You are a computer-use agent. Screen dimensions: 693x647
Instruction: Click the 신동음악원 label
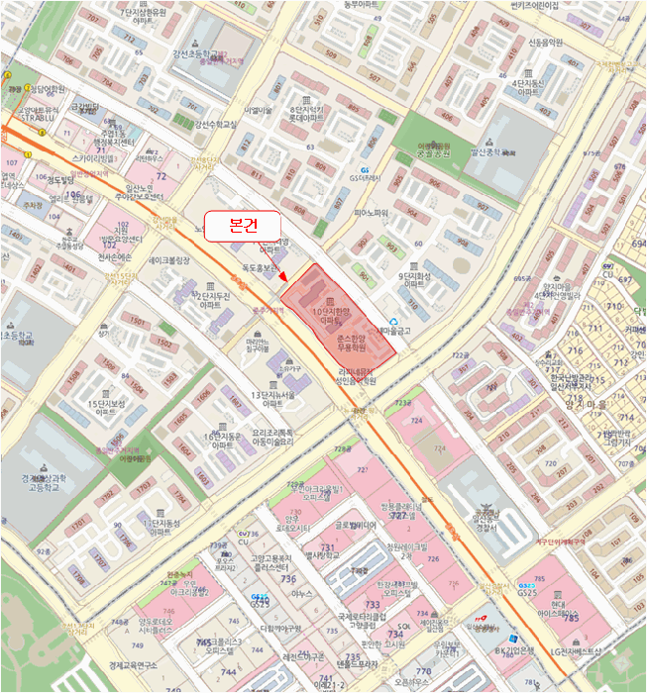[544, 43]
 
